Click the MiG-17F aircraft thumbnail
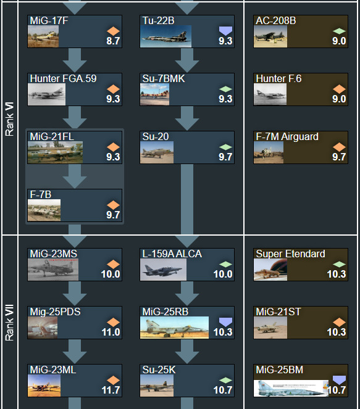tap(43, 36)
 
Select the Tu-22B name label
tap(158, 20)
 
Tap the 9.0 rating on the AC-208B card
tap(339, 41)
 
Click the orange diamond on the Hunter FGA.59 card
tap(113, 89)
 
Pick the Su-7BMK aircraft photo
tap(154, 94)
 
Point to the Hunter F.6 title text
tap(278, 78)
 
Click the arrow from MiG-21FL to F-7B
tap(75, 176)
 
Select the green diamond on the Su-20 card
tap(225, 147)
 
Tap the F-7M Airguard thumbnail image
tap(269, 152)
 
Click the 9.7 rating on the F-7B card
tap(113, 215)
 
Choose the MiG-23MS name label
tap(54, 254)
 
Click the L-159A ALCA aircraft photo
tap(163, 270)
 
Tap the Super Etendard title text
tap(290, 254)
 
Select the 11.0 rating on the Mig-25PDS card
tap(111, 332)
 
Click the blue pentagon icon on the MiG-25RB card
tap(225, 322)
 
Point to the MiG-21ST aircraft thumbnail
tap(270, 328)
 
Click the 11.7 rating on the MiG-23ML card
tap(111, 390)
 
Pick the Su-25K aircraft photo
tap(157, 386)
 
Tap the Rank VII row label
tap(9, 323)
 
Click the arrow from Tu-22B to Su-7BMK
tap(187, 60)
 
